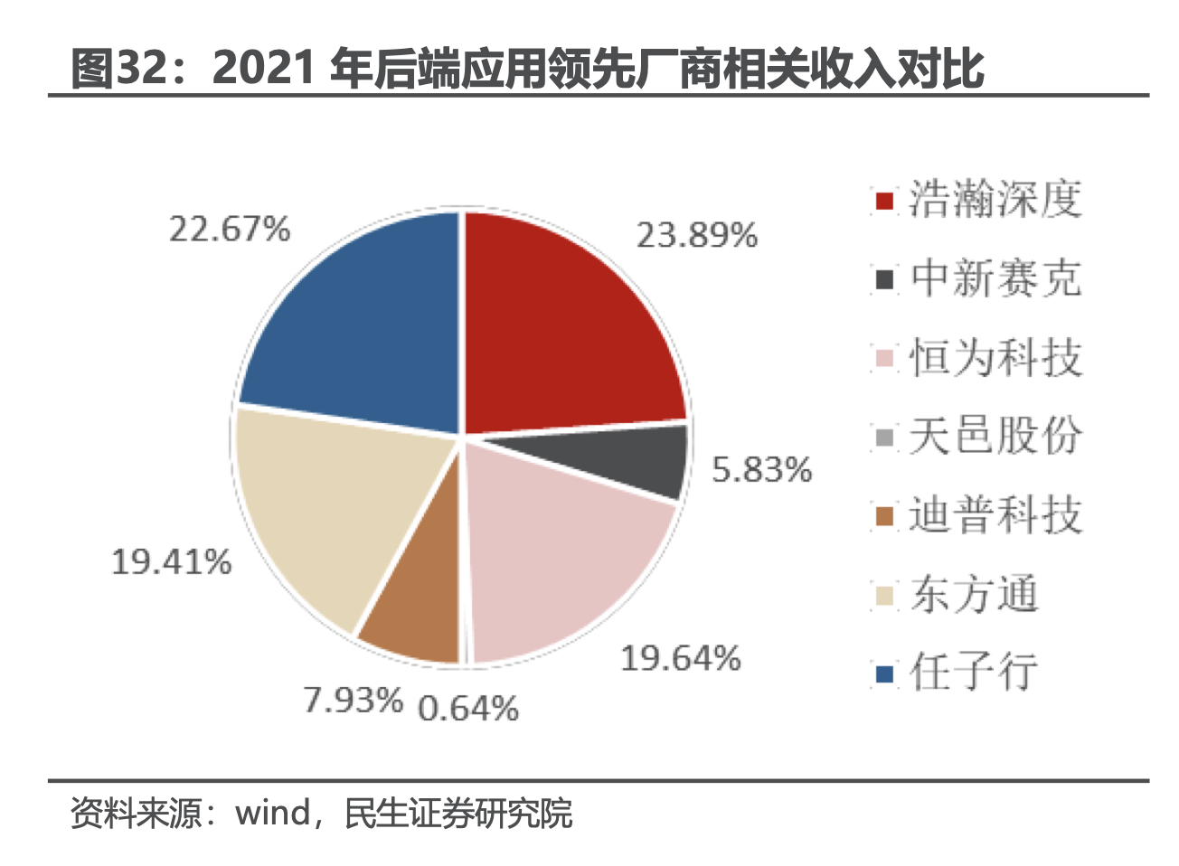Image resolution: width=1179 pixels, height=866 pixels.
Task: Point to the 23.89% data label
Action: coord(696,236)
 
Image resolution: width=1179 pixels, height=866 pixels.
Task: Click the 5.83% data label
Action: coord(761,470)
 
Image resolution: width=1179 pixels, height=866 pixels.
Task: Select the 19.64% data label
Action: coord(680,658)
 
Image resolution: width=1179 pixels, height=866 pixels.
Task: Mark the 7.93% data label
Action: coord(353,700)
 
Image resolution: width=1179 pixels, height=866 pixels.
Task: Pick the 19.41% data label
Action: coord(171,562)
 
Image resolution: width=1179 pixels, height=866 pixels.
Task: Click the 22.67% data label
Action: coord(230,229)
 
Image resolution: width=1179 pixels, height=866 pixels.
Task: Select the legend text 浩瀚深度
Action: coord(995,199)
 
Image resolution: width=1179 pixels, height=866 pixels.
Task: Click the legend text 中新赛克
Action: coord(995,278)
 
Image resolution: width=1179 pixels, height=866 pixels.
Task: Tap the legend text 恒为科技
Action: coord(995,357)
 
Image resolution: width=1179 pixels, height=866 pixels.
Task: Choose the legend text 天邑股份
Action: coord(995,436)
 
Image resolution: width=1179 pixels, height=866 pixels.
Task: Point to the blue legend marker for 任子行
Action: coord(884,673)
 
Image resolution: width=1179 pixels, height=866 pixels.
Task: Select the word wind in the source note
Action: coord(273,813)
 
